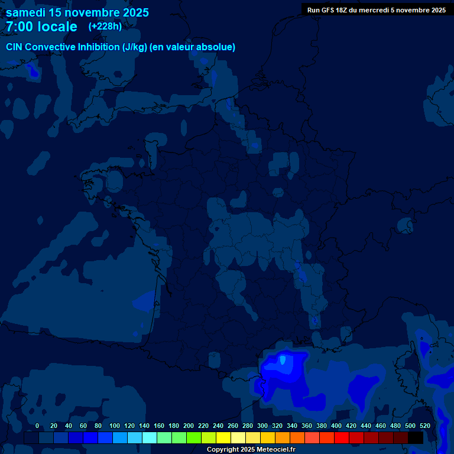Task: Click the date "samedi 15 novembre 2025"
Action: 77,12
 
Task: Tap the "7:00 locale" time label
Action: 41,27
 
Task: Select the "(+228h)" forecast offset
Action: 105,26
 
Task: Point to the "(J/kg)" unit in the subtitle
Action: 135,47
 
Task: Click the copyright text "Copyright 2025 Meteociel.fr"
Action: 251,450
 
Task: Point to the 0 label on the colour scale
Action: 37,426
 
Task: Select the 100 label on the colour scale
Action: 115,426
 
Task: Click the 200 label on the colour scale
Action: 189,426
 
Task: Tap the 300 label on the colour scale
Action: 262,426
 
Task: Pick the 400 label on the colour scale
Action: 336,426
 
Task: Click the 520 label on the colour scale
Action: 424,426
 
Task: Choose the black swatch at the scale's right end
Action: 416,437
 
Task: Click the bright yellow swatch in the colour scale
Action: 223,437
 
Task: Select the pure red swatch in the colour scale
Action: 341,437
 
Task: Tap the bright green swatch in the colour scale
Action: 193,437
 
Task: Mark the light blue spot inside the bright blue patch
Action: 283,359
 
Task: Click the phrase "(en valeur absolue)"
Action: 193,47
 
